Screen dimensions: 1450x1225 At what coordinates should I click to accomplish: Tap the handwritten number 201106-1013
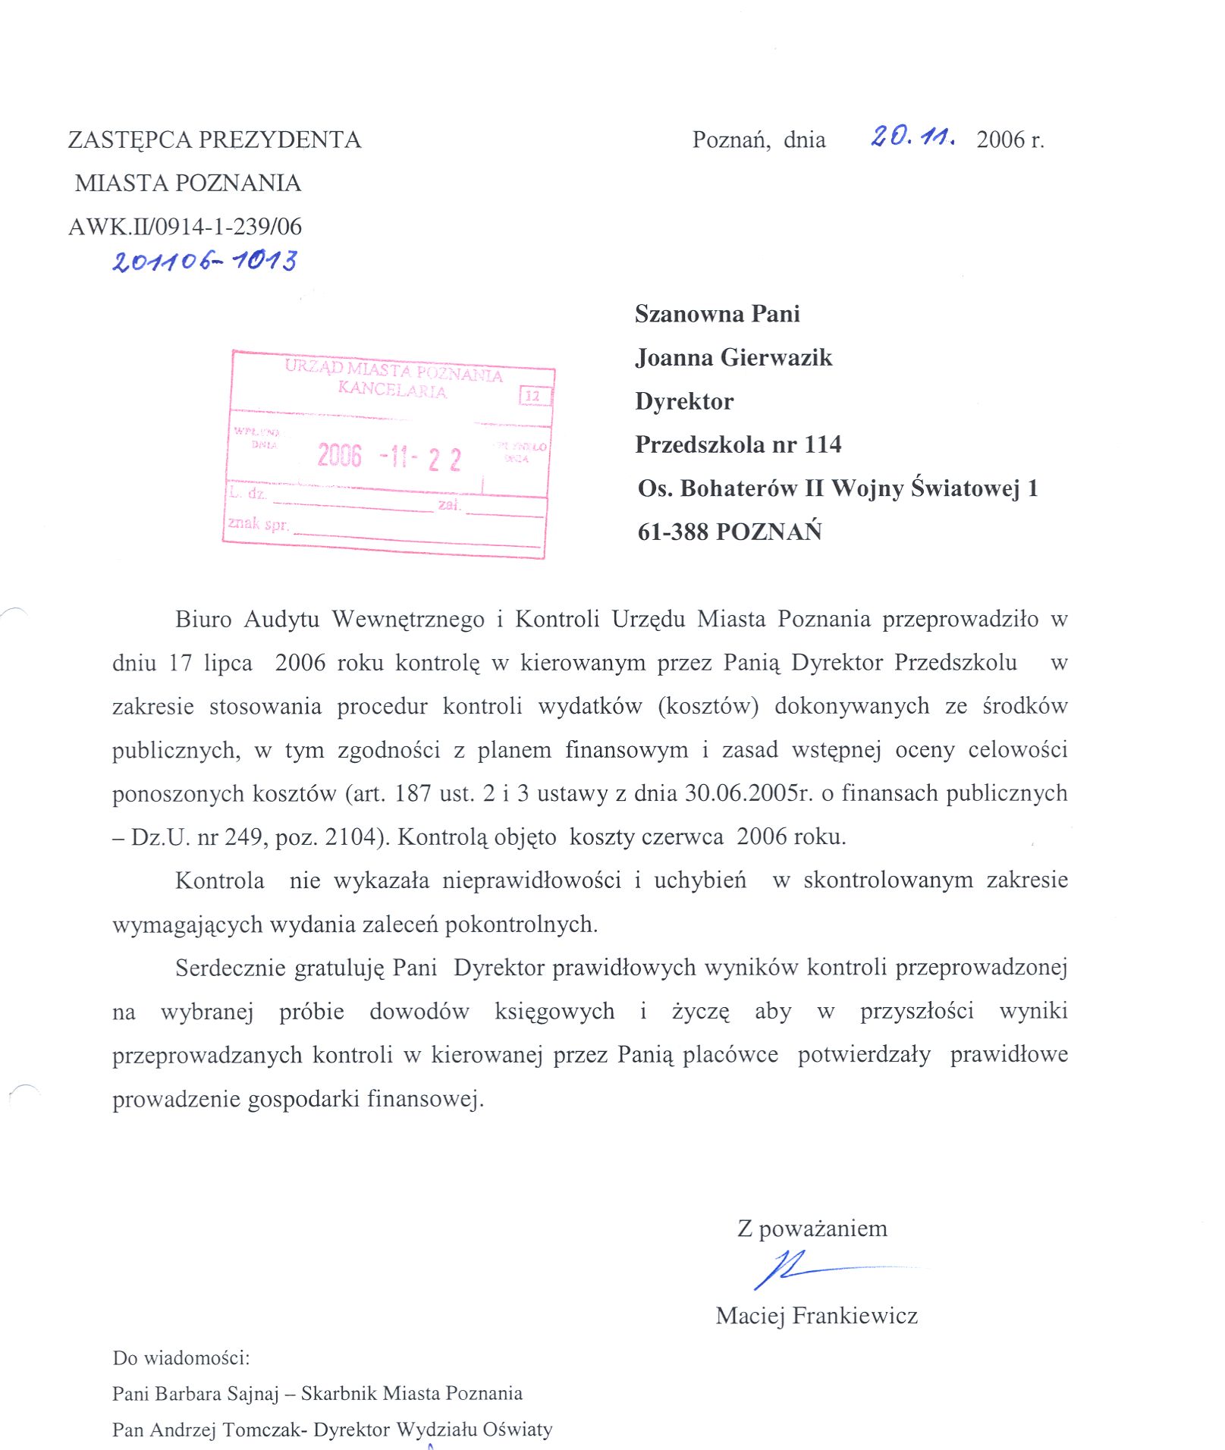pos(205,261)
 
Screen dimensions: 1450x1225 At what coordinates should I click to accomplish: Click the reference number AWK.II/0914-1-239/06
pos(185,226)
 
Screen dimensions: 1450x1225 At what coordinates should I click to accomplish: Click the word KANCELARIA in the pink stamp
pos(392,390)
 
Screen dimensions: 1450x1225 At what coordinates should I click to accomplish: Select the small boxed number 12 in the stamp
pos(533,396)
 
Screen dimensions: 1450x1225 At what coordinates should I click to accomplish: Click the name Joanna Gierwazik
pos(733,357)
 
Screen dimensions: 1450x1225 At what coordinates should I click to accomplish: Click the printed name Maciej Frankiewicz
pos(816,1315)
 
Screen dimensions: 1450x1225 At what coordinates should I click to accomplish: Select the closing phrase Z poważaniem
pos(812,1228)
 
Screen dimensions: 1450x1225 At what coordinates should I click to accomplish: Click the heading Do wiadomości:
pos(181,1357)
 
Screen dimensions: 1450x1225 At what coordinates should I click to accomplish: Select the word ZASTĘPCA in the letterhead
pos(130,140)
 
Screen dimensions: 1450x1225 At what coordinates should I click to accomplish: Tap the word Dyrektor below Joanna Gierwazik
pos(684,401)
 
